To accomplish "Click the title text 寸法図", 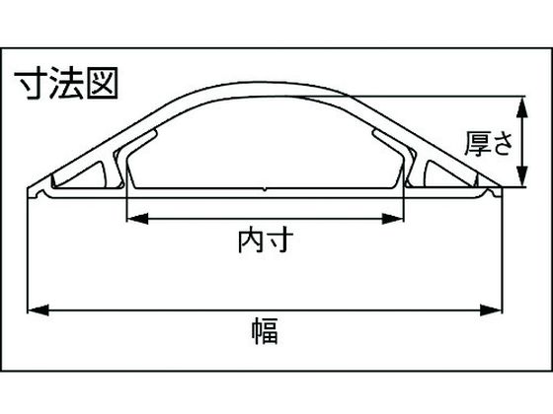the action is tap(66, 84).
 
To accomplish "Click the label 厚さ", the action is tap(489, 144).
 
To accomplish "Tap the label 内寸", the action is tap(266, 241).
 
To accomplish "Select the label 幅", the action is tap(266, 331).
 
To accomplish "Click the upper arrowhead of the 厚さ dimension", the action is tap(522, 106).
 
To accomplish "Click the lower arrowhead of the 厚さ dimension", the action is tap(522, 176).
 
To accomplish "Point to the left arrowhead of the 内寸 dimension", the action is tap(137, 219).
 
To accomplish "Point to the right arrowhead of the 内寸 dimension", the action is tap(393, 219).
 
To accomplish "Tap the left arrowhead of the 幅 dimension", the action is tap(39, 310).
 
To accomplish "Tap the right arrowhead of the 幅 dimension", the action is tap(491, 310).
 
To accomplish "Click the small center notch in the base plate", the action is tap(265, 189).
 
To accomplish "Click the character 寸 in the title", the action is tap(31, 84).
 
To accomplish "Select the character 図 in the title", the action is tap(102, 83).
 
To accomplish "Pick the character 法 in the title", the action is tap(67, 84).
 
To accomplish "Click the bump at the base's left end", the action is tap(41, 193).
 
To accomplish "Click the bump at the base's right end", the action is tap(489, 192).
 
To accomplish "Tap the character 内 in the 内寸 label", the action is tap(251, 241).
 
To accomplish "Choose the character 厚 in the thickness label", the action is tap(477, 144).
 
